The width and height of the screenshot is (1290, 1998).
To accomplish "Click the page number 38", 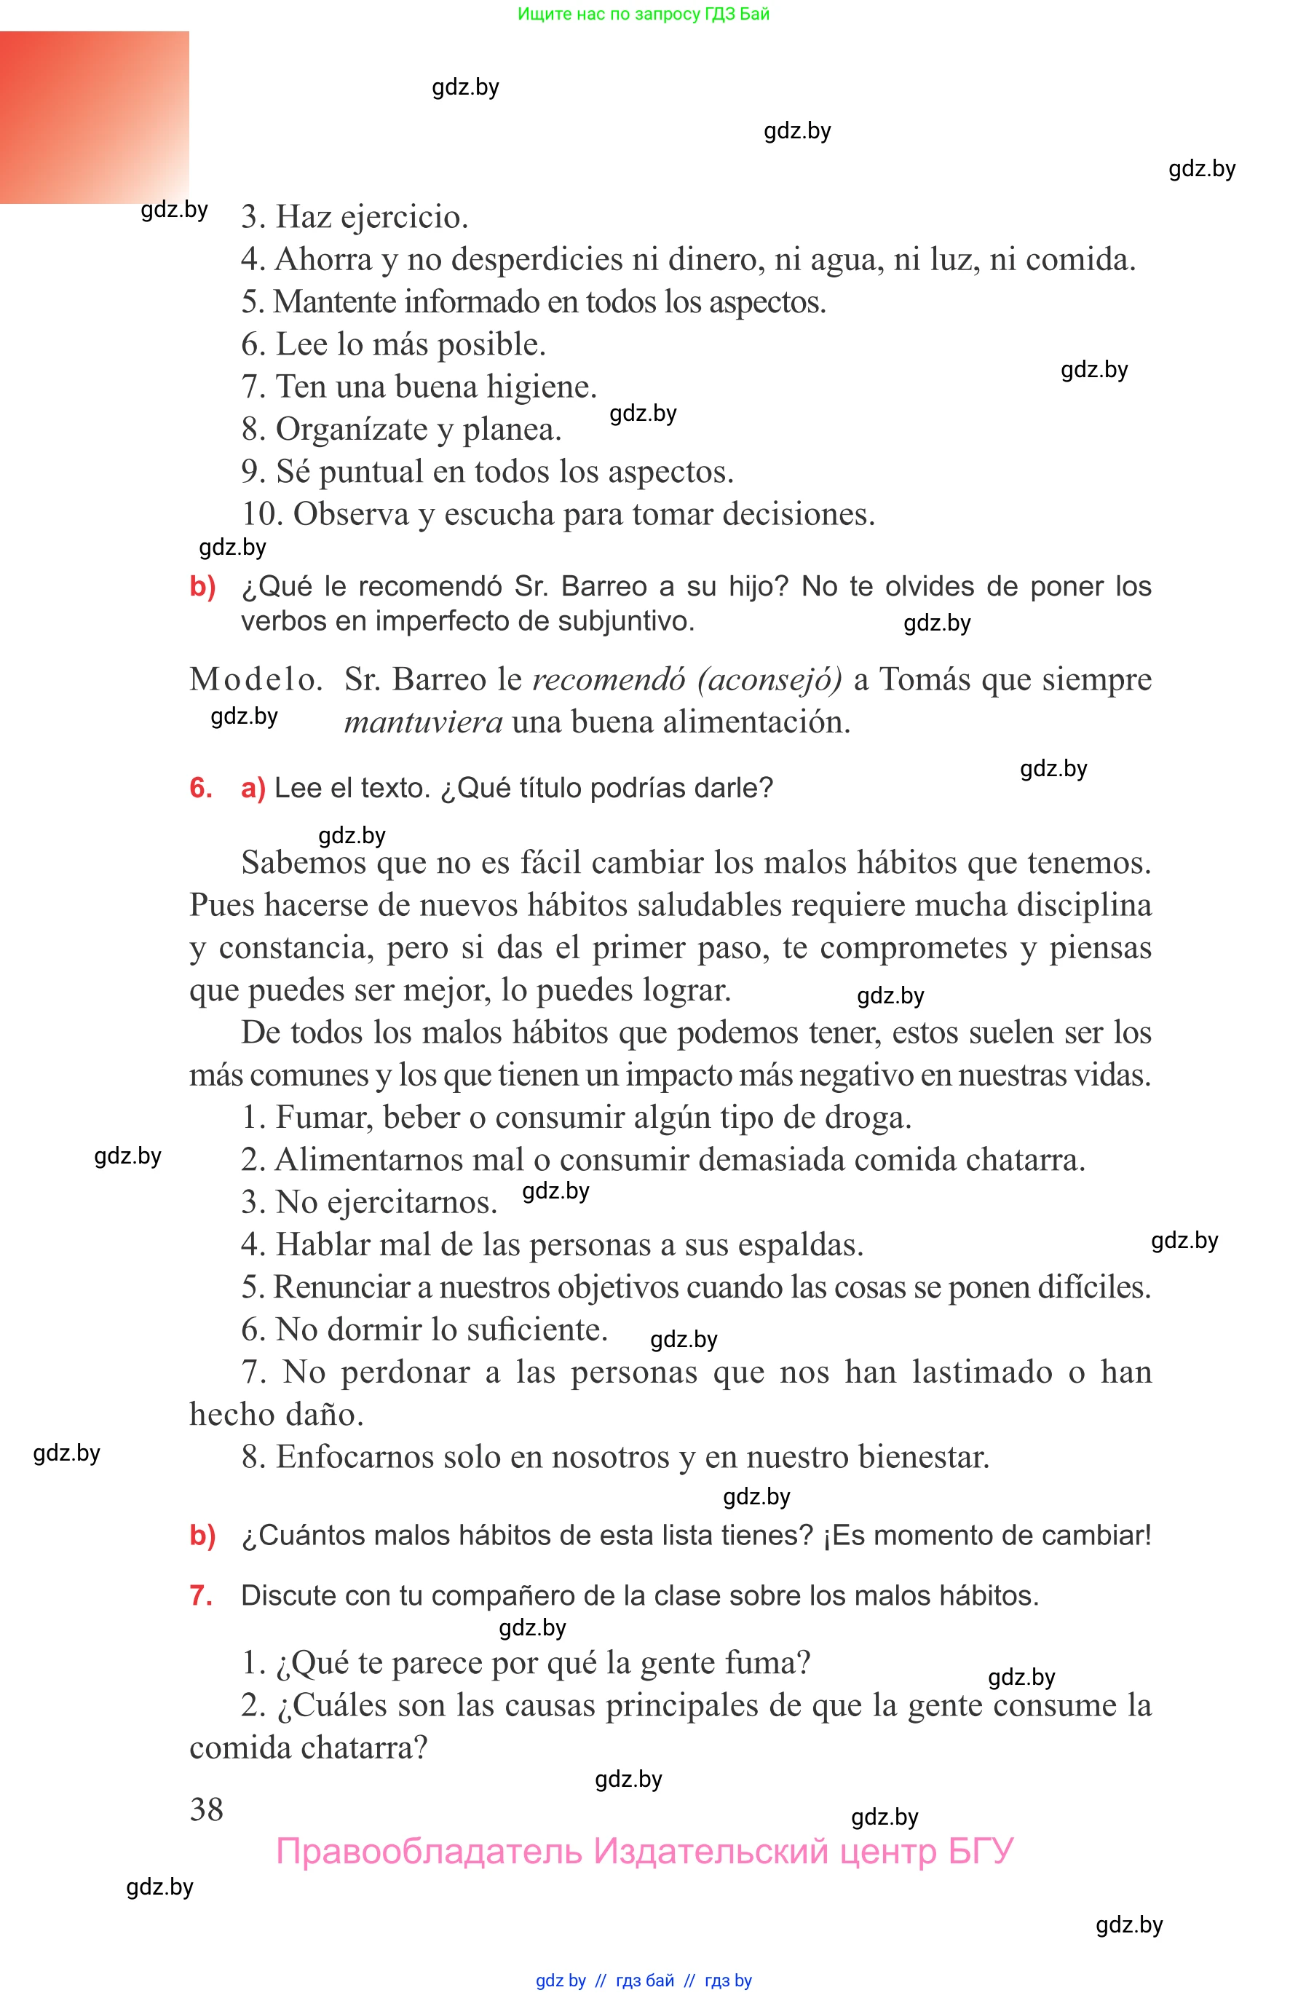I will [x=206, y=1809].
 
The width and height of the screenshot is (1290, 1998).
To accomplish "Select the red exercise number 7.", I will [x=200, y=1595].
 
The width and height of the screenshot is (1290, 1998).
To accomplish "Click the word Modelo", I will [x=256, y=679].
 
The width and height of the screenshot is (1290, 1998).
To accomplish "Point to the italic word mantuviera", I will [x=423, y=722].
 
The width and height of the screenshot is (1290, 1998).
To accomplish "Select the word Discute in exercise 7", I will [x=289, y=1595].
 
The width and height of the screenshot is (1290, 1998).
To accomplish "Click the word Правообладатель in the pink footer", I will [x=429, y=1852].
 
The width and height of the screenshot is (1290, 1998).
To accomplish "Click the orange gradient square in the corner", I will [x=94, y=117].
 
